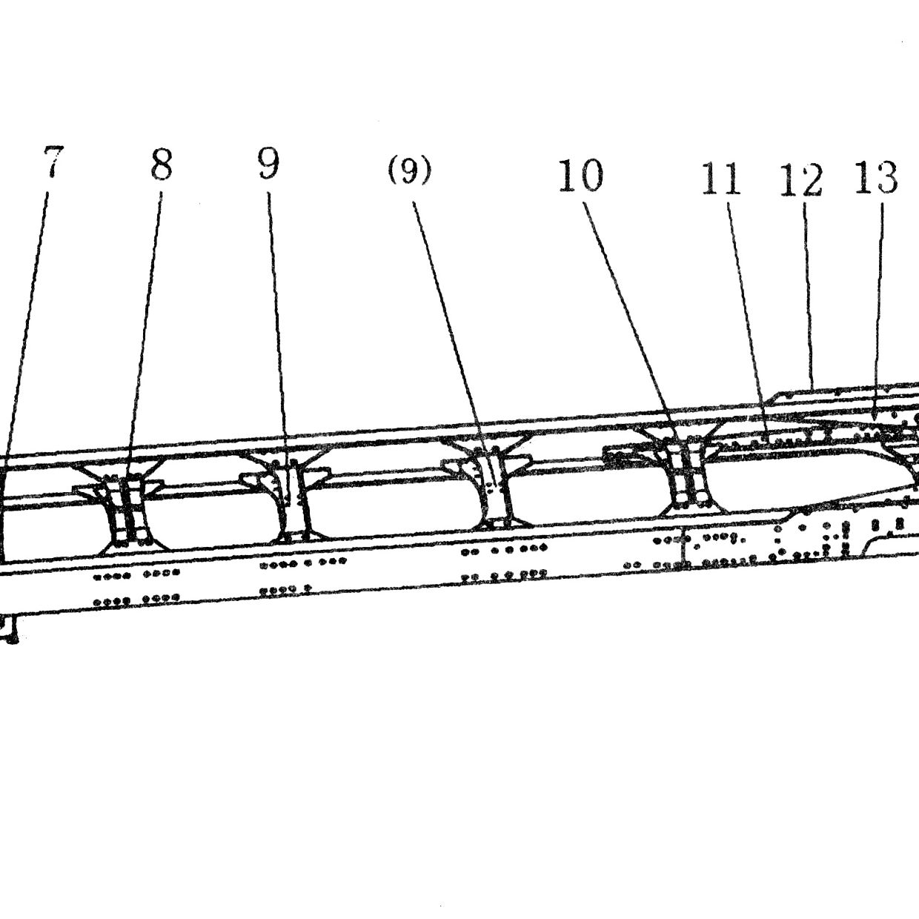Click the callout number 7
(x=53, y=162)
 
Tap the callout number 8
(x=161, y=165)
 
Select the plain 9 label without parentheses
(x=268, y=163)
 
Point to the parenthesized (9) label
(x=409, y=170)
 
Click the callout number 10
(x=580, y=176)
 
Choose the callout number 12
(x=801, y=180)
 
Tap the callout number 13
(x=876, y=177)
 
